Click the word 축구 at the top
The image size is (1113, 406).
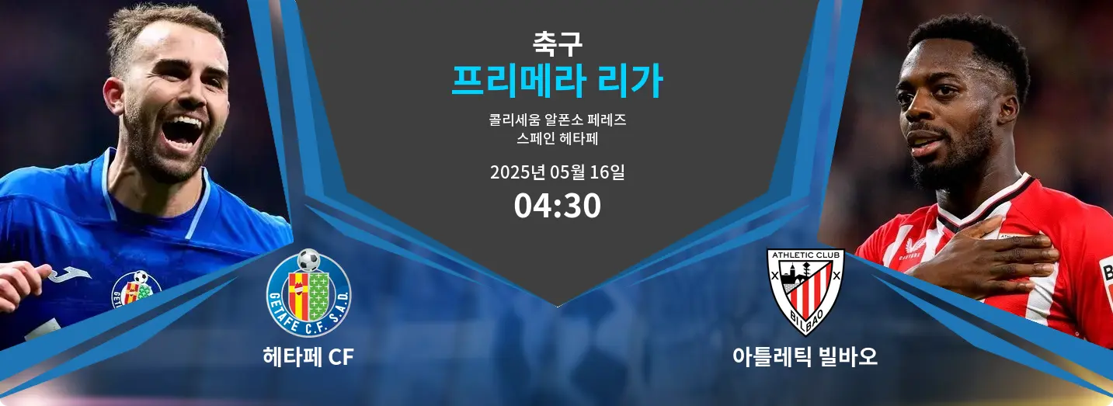pyautogui.click(x=557, y=43)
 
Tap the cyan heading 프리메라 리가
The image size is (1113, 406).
pyautogui.click(x=557, y=82)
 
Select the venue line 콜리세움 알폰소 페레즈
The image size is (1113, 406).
pyautogui.click(x=557, y=120)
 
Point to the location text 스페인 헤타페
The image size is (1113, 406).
pyautogui.click(x=557, y=138)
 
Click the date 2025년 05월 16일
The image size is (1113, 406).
pyautogui.click(x=557, y=172)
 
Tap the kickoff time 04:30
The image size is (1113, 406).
pyautogui.click(x=557, y=206)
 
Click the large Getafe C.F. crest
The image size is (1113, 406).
pyautogui.click(x=308, y=293)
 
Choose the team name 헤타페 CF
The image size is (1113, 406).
pyautogui.click(x=308, y=357)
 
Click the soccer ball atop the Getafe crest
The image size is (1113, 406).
pyautogui.click(x=308, y=260)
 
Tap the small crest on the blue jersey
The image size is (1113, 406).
pyautogui.click(x=136, y=290)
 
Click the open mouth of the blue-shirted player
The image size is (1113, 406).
pyautogui.click(x=183, y=131)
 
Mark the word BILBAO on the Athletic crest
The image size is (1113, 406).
pyautogui.click(x=806, y=318)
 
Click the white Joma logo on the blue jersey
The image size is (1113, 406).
pyautogui.click(x=70, y=275)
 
